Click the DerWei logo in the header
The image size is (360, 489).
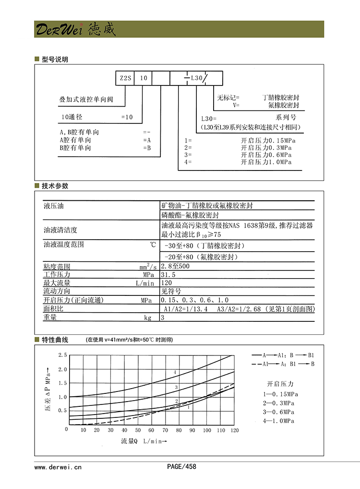(74, 29)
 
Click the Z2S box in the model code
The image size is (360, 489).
(124, 77)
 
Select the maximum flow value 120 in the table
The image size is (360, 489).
(166, 283)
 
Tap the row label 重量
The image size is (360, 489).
(50, 318)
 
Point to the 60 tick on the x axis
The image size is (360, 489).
(151, 430)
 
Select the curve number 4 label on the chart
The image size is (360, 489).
(175, 372)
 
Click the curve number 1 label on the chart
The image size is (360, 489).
(189, 407)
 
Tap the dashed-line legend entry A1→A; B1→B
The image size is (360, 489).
(283, 364)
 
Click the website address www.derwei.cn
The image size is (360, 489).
(58, 466)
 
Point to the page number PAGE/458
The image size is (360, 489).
(181, 466)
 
